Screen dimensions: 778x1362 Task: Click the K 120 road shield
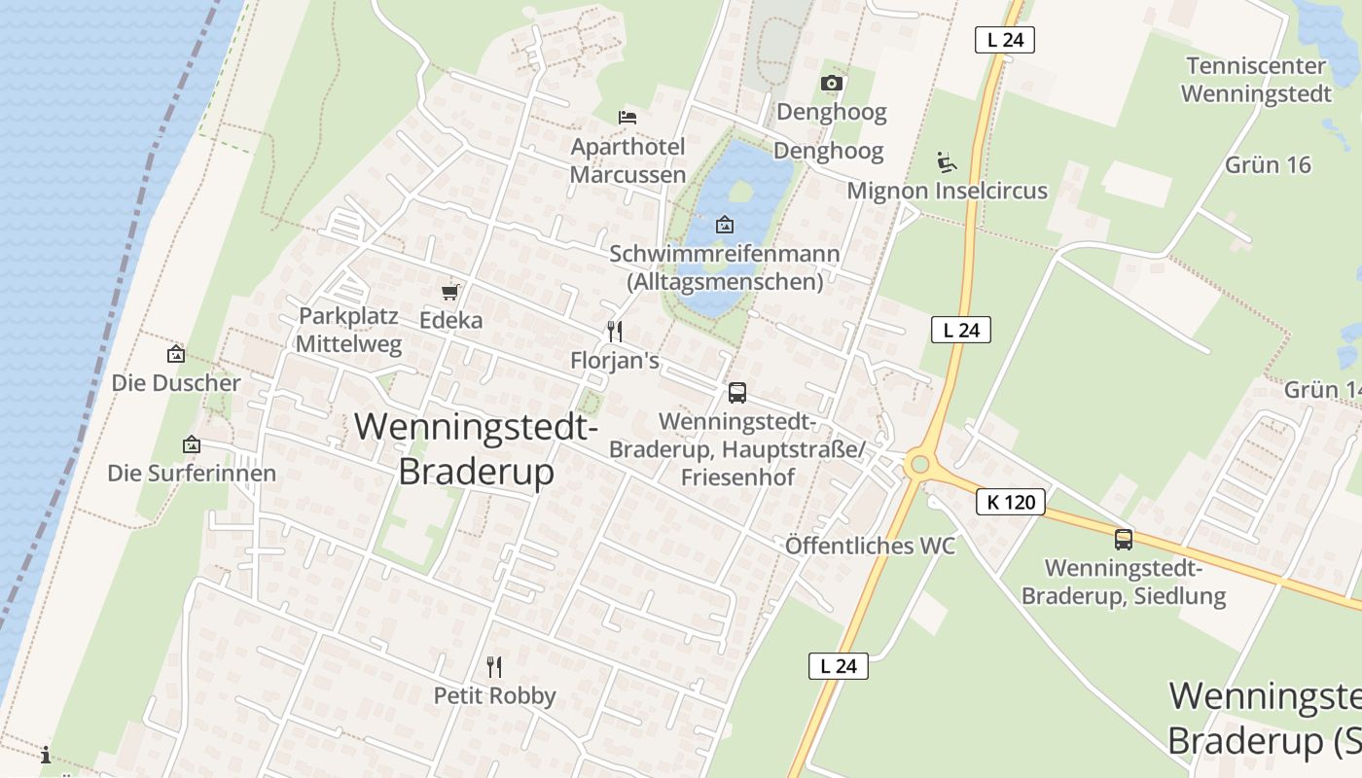1010,502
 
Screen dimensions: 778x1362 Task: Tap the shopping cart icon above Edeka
449,292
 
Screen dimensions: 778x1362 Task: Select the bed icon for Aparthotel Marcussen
627,118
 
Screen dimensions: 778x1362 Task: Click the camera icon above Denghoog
831,84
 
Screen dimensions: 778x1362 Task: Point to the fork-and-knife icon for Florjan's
614,332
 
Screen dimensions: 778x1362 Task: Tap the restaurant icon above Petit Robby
494,666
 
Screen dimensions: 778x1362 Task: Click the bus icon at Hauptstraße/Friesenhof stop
737,393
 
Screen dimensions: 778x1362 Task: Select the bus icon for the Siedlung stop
1124,539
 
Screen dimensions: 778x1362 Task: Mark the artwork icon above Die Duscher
176,354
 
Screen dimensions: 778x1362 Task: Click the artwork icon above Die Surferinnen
192,444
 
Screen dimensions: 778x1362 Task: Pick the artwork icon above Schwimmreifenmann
725,225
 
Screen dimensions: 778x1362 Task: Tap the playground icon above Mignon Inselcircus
946,161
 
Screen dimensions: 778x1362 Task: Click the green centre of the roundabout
916,466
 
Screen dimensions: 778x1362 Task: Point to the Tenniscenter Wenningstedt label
1255,80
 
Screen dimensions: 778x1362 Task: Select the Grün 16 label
1268,164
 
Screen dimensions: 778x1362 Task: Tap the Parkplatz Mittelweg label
348,330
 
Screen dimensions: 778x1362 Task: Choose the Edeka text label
450,320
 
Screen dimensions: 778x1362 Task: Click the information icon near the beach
46,755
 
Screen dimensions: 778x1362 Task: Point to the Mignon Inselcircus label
947,190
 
